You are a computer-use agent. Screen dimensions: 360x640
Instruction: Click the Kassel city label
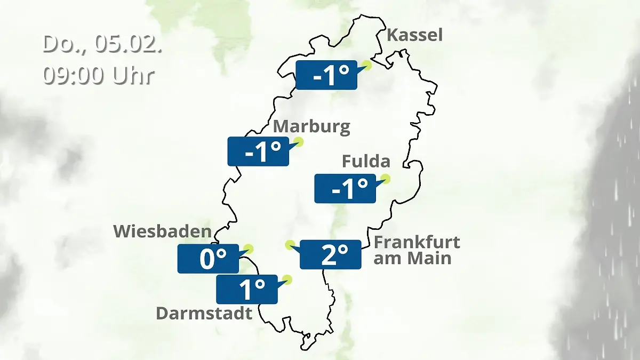414,35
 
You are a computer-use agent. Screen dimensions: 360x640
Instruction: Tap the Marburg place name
311,127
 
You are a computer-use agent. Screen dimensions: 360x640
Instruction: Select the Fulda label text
366,161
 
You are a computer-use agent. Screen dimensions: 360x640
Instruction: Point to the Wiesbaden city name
162,231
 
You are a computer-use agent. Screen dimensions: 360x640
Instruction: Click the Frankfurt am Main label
417,250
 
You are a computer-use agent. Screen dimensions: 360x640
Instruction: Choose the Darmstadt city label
204,313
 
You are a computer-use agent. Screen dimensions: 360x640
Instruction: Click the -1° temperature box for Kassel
326,75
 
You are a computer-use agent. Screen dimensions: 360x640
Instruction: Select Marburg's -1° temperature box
258,151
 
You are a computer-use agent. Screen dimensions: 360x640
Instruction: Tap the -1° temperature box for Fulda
345,188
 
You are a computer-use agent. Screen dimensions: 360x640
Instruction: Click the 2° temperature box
331,255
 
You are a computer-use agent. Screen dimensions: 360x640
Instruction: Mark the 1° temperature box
247,290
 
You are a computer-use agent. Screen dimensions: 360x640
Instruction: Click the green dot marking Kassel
366,66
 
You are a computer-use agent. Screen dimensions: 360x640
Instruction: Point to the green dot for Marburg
298,142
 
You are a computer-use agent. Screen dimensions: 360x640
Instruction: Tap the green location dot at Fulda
385,179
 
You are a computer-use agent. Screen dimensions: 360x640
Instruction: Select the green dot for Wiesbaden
248,249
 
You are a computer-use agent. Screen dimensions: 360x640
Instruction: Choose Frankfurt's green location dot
290,245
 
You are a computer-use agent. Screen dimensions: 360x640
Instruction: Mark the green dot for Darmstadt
287,279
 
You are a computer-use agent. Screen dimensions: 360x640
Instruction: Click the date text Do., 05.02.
102,44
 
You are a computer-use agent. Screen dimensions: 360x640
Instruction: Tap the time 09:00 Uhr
99,76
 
